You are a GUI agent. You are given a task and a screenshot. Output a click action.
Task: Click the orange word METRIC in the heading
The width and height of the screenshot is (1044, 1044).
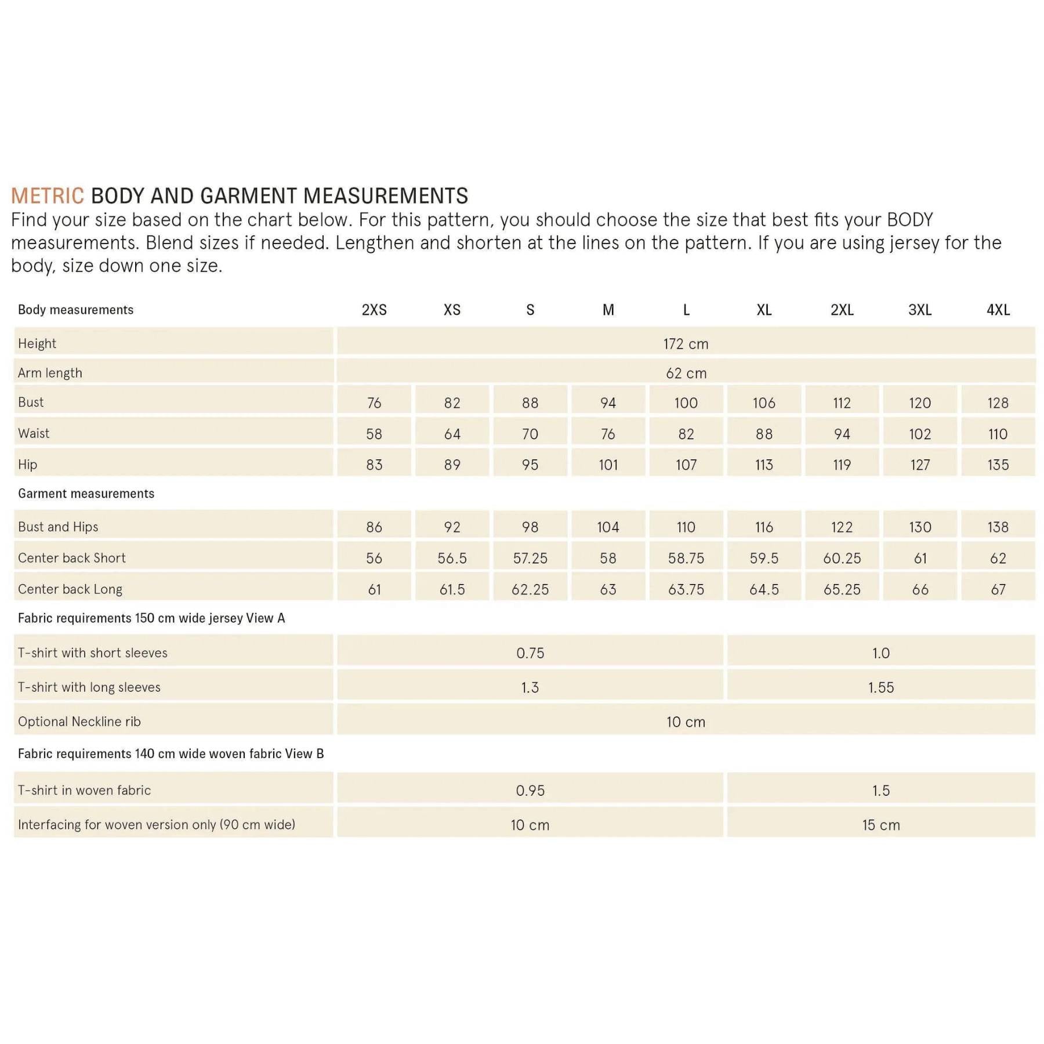point(48,196)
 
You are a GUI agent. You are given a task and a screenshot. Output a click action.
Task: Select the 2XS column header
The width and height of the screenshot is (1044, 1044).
point(374,310)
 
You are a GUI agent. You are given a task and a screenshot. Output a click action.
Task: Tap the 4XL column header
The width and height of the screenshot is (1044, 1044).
point(998,310)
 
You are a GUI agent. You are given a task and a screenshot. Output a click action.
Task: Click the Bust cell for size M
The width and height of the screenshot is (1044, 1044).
point(608,403)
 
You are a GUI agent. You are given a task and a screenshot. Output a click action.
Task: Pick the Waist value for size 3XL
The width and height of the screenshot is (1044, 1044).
point(920,434)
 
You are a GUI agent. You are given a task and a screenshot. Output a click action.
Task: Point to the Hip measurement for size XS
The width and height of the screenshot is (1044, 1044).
point(452,465)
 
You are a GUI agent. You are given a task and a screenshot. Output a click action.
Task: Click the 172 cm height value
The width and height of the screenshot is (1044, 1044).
point(686,344)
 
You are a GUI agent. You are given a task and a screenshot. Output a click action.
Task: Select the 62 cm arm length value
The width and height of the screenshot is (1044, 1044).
point(686,374)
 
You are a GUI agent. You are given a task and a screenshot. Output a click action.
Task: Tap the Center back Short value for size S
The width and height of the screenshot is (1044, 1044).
point(530,558)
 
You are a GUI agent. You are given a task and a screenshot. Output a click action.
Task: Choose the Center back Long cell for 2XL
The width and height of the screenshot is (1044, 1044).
point(842,589)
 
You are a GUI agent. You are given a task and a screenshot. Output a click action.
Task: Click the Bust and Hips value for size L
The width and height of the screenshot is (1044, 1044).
point(686,527)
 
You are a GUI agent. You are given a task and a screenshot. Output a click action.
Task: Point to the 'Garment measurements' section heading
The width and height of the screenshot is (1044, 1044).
point(86,494)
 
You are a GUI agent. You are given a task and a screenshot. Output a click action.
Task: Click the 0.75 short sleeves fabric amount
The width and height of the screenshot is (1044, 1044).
point(530,653)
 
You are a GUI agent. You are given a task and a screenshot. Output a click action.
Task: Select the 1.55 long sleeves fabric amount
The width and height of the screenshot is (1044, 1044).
point(880,687)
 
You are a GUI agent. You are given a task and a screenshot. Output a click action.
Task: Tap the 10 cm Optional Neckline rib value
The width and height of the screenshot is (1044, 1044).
point(686,722)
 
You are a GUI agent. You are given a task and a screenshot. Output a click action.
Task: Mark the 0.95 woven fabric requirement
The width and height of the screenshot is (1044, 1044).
point(530,790)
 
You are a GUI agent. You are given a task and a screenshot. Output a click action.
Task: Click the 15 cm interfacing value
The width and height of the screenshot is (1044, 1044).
point(880,825)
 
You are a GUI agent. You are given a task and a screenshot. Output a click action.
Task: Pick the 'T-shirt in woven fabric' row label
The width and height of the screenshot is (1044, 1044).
point(84,790)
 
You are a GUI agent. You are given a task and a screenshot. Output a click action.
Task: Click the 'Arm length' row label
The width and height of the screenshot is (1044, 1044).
point(50,373)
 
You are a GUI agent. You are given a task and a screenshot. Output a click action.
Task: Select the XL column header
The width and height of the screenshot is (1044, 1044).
point(764,310)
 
